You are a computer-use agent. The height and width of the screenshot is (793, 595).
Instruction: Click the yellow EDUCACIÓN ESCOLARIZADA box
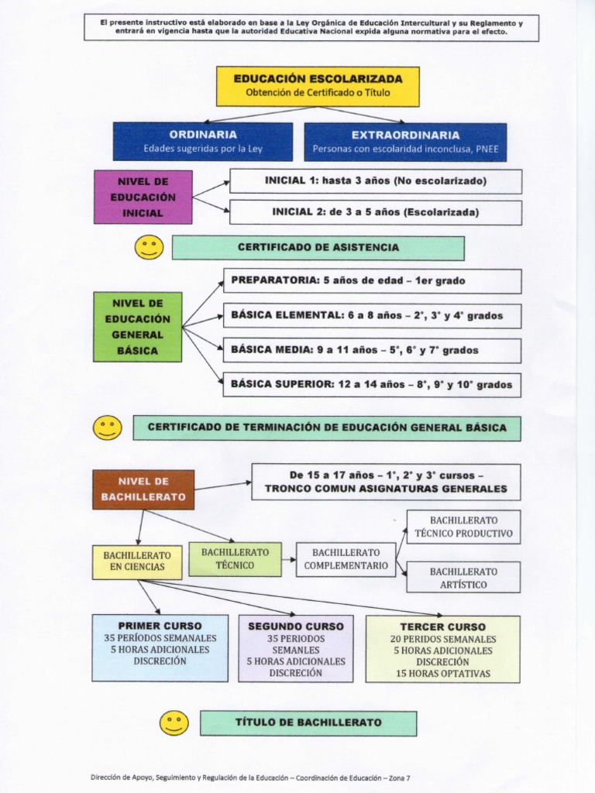point(318,86)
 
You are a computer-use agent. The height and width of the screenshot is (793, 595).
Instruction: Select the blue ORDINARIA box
point(203,141)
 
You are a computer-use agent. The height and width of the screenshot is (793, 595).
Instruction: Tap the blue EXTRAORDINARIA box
point(405,141)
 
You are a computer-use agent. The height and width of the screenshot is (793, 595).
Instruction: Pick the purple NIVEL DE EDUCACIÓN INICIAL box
point(143,197)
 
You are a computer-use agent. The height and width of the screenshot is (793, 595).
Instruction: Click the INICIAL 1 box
point(375,181)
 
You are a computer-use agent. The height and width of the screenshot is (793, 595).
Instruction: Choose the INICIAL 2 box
point(375,212)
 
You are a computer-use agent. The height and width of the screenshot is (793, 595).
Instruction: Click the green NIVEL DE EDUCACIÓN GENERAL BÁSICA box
point(137,327)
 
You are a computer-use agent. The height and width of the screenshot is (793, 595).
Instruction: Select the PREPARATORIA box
point(372,280)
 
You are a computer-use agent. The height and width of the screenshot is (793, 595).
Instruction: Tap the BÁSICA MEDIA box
point(372,350)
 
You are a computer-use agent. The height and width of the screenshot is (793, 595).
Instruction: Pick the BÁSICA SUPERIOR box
point(372,384)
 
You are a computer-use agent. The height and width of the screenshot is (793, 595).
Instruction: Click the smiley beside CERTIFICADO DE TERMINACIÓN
point(107,427)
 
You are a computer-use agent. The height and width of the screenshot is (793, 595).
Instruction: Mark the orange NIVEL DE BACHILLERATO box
point(143,489)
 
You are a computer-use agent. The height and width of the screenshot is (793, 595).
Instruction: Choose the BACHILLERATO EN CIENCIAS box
point(137,562)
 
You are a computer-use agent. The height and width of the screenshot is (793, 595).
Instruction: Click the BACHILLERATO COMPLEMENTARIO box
point(346,559)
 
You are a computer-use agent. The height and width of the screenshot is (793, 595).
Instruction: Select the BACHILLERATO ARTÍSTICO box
point(463,577)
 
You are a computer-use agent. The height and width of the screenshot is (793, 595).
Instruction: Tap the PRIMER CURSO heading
point(160,625)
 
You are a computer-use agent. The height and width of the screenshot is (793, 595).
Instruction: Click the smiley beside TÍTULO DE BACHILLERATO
point(174,723)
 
